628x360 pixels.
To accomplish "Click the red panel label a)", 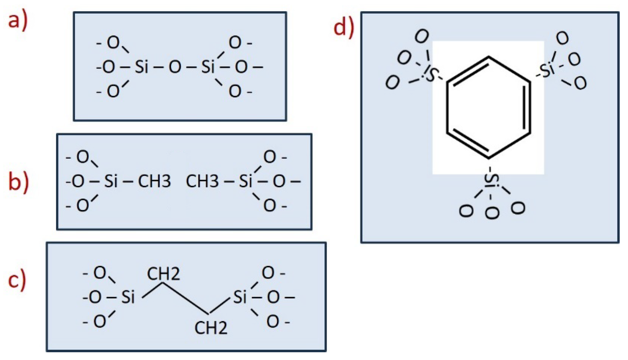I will point(18,21).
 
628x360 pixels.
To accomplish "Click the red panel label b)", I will point(18,182).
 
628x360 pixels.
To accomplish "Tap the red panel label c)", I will point(17,281).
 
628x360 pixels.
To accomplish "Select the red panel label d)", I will point(344,28).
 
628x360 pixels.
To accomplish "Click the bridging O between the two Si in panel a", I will point(175,67).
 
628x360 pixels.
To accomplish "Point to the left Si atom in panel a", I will point(141,67).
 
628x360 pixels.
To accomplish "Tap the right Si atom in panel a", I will point(208,67).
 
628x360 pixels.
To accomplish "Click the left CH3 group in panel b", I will point(154,181).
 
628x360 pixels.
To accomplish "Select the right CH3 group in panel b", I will point(202,181).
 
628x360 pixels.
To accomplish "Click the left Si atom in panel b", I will point(111,181).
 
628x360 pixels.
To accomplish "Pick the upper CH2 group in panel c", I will point(164,274).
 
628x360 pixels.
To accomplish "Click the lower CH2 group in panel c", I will point(211,328).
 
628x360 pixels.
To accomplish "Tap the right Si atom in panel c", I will point(240,297).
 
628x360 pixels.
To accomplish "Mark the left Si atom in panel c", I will point(128,297).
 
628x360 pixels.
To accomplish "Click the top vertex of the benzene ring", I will point(488,57).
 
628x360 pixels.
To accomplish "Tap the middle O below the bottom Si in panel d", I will point(492,213).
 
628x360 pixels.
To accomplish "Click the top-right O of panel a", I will point(235,43).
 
